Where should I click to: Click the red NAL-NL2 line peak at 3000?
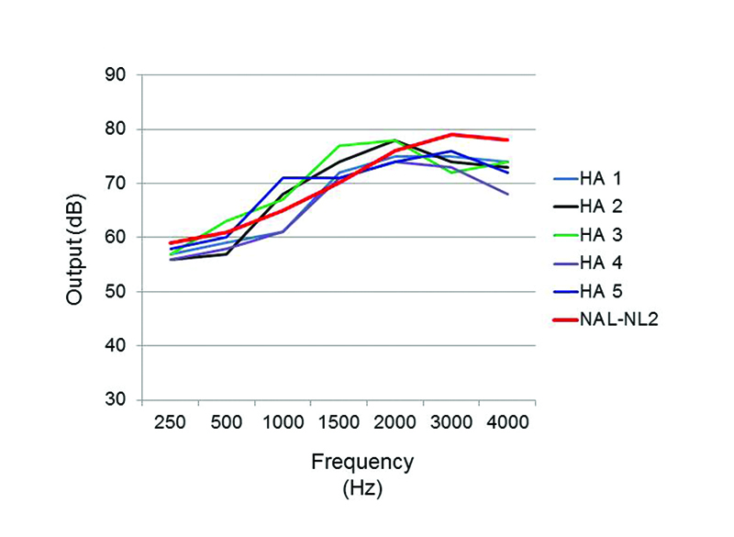coord(451,135)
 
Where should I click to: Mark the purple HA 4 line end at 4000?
coord(507,194)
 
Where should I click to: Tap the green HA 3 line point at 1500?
coord(339,146)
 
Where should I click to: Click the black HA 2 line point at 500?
coord(227,253)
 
